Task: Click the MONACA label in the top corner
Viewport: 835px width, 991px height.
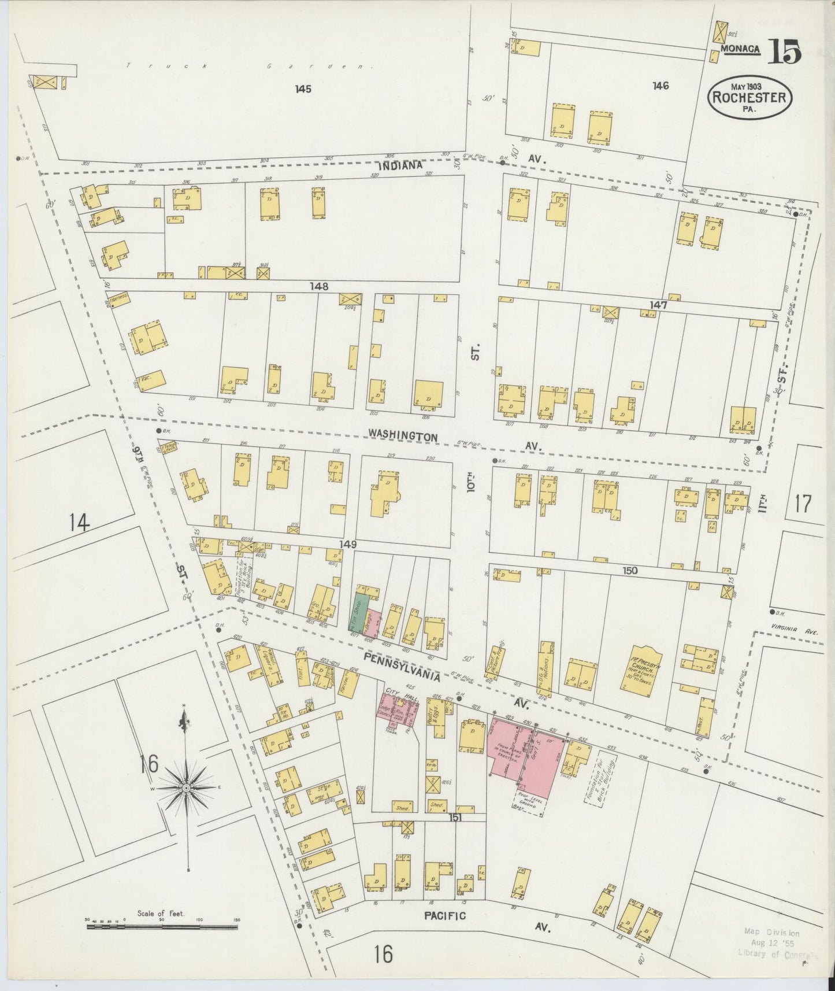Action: click(x=740, y=50)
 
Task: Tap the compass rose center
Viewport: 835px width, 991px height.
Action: click(x=187, y=788)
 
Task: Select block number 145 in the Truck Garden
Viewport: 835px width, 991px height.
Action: click(x=303, y=89)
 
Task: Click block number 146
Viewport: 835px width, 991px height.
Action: click(x=660, y=86)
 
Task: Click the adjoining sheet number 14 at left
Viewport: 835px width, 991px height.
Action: click(x=79, y=523)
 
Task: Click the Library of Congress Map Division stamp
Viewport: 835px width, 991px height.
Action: click(x=774, y=942)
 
